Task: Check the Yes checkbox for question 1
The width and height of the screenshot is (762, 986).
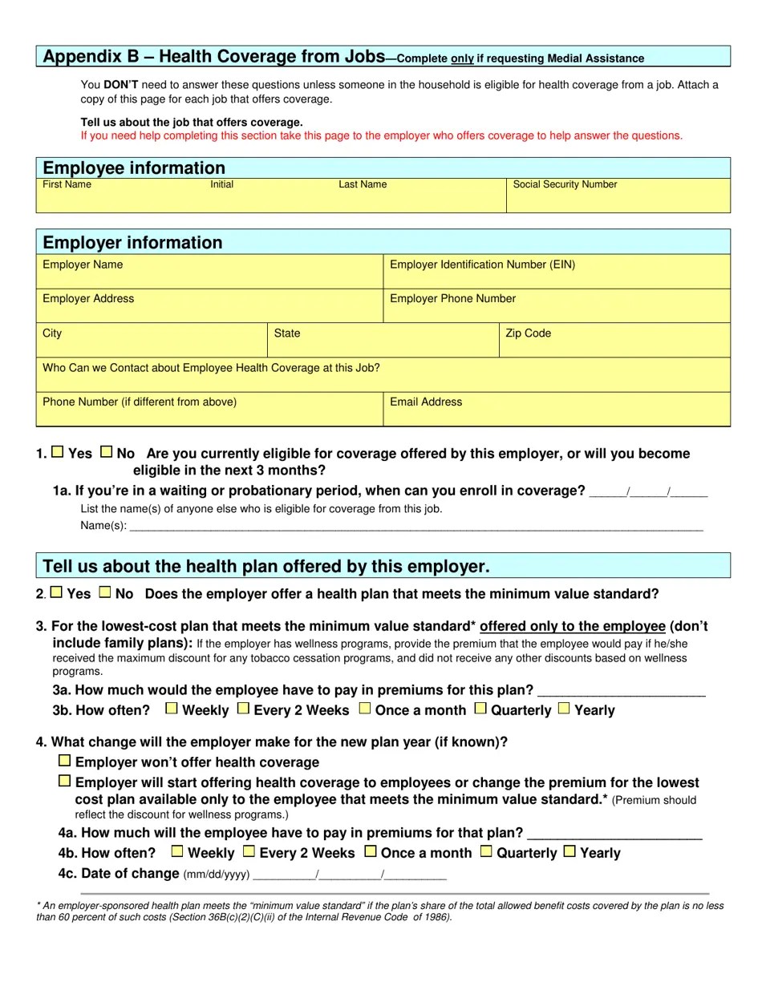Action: tap(58, 452)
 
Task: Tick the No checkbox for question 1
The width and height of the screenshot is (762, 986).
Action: tap(107, 452)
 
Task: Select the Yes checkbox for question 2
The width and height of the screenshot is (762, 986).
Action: tap(56, 592)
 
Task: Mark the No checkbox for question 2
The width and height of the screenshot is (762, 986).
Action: tap(105, 592)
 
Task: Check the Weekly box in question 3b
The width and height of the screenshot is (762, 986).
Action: tap(172, 709)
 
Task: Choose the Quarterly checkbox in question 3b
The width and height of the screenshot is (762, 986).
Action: tap(480, 709)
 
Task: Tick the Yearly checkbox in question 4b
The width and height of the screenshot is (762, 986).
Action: tap(569, 851)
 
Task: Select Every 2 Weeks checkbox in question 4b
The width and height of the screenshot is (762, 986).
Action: tap(249, 851)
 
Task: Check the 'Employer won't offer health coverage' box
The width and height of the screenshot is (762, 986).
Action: tap(65, 761)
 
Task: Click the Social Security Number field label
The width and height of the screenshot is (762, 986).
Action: tap(565, 184)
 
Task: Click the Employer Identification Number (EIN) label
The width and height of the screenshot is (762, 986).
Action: tap(482, 265)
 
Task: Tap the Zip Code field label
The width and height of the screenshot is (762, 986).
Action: tap(528, 333)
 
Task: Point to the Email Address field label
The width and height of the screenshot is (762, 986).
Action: tap(426, 402)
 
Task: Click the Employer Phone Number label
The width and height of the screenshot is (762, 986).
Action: tap(452, 298)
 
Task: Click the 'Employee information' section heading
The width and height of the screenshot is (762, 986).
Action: tap(134, 168)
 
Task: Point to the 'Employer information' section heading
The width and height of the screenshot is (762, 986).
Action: tap(132, 243)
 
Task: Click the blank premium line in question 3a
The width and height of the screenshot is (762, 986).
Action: tap(621, 691)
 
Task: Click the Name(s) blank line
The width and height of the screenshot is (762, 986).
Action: tap(415, 527)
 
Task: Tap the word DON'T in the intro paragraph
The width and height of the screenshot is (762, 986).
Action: tap(121, 85)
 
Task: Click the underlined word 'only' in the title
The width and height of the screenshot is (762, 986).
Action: tap(462, 59)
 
